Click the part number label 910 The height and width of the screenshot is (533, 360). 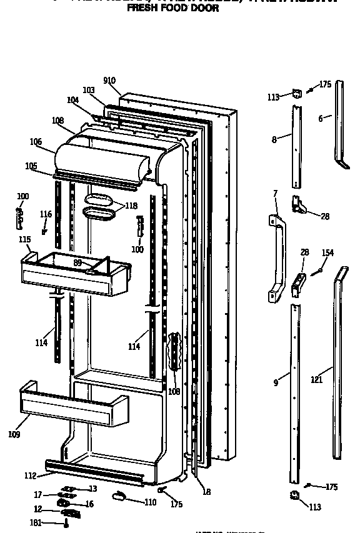(x=109, y=81)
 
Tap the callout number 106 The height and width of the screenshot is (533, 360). (x=36, y=142)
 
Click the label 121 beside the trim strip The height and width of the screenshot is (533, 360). (x=316, y=379)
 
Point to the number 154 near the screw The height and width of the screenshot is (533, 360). (x=327, y=253)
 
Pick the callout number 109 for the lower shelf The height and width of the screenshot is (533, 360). (x=14, y=434)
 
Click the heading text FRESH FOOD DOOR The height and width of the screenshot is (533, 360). (x=173, y=9)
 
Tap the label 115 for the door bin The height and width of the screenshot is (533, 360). (x=24, y=239)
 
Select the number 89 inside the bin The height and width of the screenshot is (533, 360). (x=77, y=263)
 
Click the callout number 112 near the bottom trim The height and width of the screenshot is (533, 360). (x=30, y=476)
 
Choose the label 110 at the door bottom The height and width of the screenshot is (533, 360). (x=151, y=502)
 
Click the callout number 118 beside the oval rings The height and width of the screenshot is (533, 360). (x=131, y=206)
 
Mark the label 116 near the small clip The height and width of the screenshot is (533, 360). (x=46, y=214)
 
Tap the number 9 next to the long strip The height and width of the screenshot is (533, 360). (x=276, y=383)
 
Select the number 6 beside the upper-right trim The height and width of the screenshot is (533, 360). (x=321, y=118)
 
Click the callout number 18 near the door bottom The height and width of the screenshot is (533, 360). (x=206, y=492)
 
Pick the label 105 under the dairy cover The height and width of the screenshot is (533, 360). (x=31, y=166)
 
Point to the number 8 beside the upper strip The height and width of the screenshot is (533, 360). (x=274, y=140)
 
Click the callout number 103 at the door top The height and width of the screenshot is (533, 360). (x=89, y=90)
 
